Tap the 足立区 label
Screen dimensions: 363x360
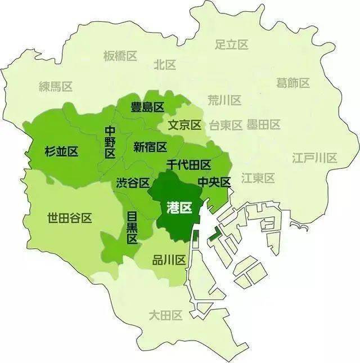232,44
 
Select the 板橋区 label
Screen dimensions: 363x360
120,56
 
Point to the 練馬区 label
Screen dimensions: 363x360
56,86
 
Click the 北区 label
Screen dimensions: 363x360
165,65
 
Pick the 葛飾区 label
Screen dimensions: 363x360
293,83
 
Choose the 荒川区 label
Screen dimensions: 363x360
224,100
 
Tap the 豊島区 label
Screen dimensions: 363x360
147,107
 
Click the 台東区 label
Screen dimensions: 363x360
226,125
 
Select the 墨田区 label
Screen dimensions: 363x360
263,125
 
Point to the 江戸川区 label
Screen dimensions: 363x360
314,158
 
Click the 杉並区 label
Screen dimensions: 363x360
61,151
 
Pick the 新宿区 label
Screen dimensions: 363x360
150,147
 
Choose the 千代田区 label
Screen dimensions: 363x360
188,165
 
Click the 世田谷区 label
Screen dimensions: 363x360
70,218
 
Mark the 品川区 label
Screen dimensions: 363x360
169,260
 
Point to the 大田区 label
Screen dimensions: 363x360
166,315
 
